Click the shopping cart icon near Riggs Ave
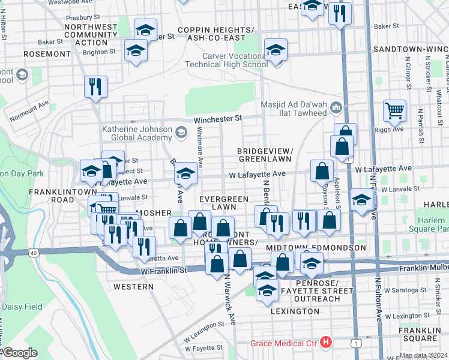pyautogui.click(x=394, y=110)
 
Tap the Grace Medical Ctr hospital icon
pyautogui.click(x=326, y=343)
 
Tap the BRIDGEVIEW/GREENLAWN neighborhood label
pyautogui.click(x=265, y=155)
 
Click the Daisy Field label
pyautogui.click(x=22, y=307)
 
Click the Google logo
pyautogui.click(x=19, y=353)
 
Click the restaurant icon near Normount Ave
pyautogui.click(x=95, y=87)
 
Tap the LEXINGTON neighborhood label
pyautogui.click(x=295, y=311)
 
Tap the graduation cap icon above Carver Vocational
pyautogui.click(x=276, y=50)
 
